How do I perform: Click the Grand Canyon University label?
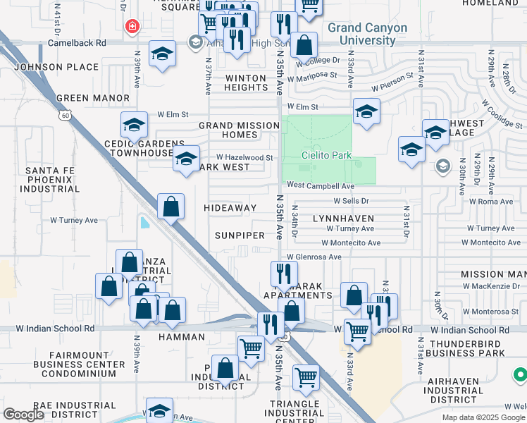click(367, 34)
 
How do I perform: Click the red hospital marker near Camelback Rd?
click(131, 27)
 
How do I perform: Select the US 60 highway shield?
click(66, 115)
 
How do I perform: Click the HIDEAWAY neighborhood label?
click(230, 208)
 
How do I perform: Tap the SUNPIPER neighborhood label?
click(240, 235)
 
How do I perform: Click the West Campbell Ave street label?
click(320, 186)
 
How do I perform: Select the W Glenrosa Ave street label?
click(314, 257)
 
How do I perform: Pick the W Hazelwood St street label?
click(244, 157)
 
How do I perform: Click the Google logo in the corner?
click(23, 415)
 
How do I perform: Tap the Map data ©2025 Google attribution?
click(483, 417)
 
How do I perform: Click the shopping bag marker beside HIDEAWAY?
click(170, 207)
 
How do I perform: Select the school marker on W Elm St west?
click(134, 125)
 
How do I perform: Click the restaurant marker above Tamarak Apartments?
click(283, 273)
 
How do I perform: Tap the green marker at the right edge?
click(520, 375)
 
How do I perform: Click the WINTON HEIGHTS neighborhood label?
click(245, 82)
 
